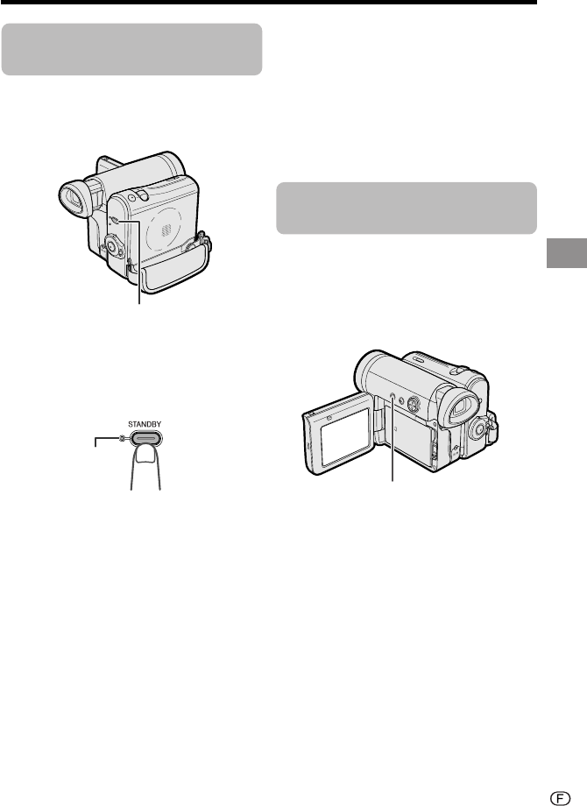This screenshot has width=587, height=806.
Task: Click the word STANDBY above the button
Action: coord(145,424)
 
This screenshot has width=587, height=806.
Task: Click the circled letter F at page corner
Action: coord(560,798)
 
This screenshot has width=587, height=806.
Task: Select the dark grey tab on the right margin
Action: coord(567,253)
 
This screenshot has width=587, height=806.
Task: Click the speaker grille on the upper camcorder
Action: coord(164,230)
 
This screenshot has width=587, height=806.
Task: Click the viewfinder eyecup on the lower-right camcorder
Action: coord(461,407)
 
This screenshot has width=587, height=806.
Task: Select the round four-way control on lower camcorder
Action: coord(414,404)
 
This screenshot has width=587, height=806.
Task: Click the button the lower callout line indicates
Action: coord(393,396)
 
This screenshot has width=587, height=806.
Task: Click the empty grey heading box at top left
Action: coord(131,49)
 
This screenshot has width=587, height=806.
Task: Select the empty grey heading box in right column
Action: coord(407,208)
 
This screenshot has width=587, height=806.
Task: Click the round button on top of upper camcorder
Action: coord(131,197)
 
